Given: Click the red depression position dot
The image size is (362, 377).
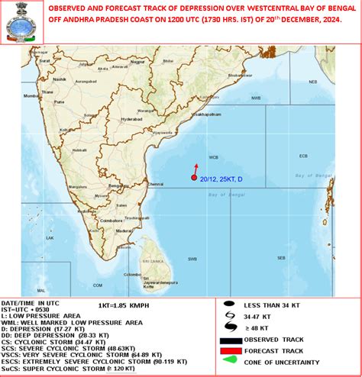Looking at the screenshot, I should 192,178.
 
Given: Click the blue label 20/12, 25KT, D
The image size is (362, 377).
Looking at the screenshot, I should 221,179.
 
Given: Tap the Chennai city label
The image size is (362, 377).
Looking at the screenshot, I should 157,184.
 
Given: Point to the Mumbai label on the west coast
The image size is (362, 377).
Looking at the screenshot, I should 31,97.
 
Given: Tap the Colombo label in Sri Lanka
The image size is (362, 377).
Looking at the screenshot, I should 136,273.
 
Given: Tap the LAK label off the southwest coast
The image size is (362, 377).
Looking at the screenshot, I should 50,238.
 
